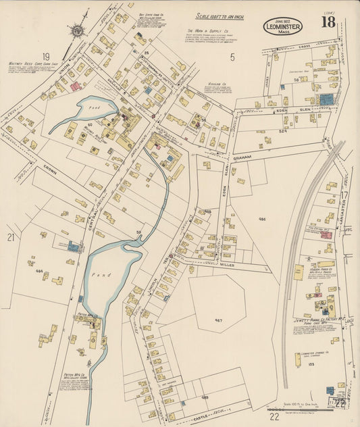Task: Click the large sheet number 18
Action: tap(328, 22)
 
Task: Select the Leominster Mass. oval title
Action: tap(283, 26)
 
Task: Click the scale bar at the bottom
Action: tap(298, 409)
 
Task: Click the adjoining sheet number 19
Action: tap(46, 57)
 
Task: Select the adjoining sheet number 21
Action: tap(11, 237)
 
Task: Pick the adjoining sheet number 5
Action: tap(232, 57)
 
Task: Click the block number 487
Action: tap(218, 320)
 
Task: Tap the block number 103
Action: tap(311, 364)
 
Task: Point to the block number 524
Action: tap(283, 130)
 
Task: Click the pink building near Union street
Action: tap(76, 86)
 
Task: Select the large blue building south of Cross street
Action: tap(326, 99)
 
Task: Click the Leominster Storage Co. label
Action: tap(315, 353)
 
